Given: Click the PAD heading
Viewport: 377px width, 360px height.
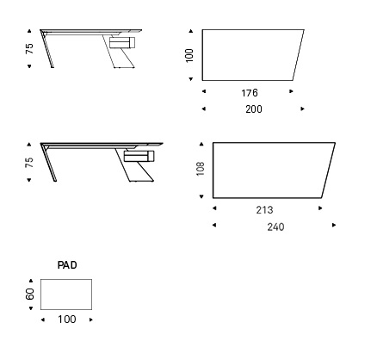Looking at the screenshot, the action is pos(67,264).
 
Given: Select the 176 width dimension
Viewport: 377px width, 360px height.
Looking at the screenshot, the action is pos(250,93).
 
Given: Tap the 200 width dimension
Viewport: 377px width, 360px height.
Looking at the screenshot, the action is pos(254,109).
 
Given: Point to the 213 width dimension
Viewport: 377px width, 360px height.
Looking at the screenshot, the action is pos(264,210).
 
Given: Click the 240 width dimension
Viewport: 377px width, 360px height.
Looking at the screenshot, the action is pos(275,227).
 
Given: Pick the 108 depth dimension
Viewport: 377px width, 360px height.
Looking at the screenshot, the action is pos(201,169).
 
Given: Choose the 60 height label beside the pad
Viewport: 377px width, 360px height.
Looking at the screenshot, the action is pos(29,294).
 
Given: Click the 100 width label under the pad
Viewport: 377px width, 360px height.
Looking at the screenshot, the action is pos(67,320).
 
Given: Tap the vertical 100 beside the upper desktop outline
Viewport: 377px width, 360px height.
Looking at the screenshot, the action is pos(189,55).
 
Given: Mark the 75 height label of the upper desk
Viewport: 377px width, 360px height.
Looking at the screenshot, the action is pos(29,48).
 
